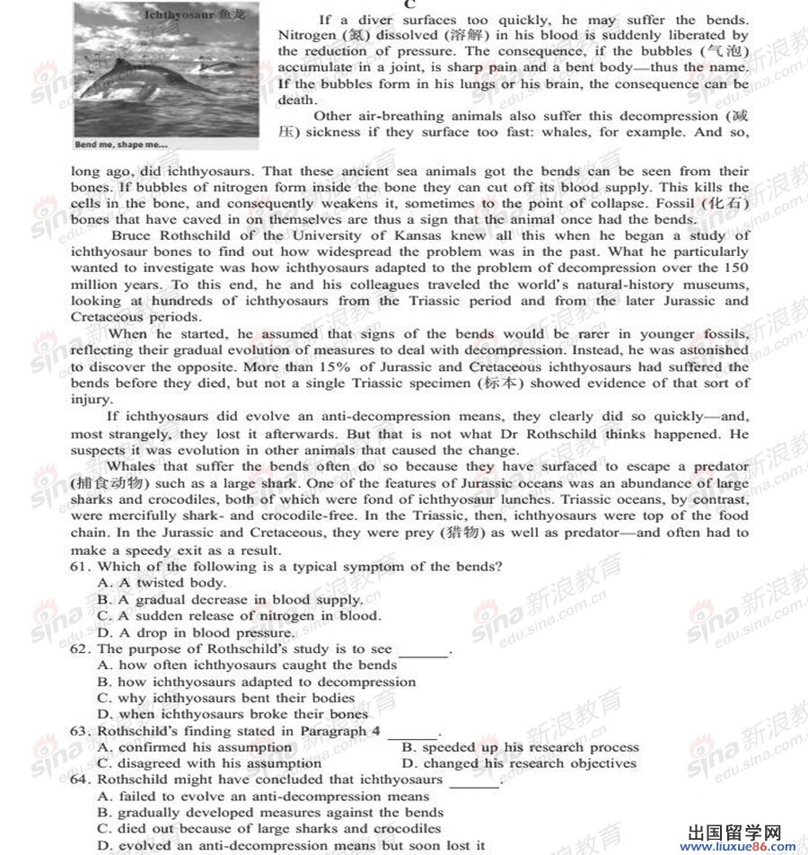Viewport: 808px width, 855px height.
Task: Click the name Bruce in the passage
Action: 133,235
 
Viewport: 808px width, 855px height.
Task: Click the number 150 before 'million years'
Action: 735,268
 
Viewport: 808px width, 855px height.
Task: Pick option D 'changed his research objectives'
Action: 520,763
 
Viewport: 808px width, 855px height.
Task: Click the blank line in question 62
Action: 422,652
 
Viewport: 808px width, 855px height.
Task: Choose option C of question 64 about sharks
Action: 269,829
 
